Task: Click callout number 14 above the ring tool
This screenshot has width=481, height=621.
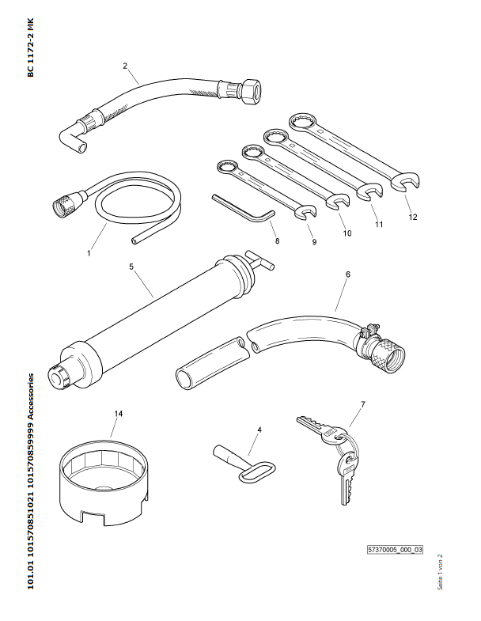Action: click(x=119, y=414)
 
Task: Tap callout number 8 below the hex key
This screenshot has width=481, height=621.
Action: click(x=277, y=240)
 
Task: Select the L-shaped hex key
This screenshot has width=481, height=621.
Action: click(x=244, y=209)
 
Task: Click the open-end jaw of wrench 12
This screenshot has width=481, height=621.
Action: click(x=404, y=181)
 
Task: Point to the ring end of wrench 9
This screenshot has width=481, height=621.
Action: click(x=227, y=166)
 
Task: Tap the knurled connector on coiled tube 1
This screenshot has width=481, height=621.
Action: click(x=66, y=202)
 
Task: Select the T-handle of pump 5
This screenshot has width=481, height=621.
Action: click(x=259, y=260)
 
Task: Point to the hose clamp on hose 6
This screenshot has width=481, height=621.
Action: click(x=369, y=333)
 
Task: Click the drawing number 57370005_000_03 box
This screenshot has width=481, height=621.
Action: click(x=395, y=550)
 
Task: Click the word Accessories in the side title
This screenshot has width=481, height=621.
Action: click(x=31, y=398)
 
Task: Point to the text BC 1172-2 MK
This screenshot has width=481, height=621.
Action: click(x=31, y=47)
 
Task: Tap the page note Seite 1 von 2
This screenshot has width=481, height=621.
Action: click(x=440, y=572)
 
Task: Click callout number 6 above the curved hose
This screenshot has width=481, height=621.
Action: click(x=347, y=274)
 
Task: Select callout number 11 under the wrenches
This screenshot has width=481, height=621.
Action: click(x=379, y=224)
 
